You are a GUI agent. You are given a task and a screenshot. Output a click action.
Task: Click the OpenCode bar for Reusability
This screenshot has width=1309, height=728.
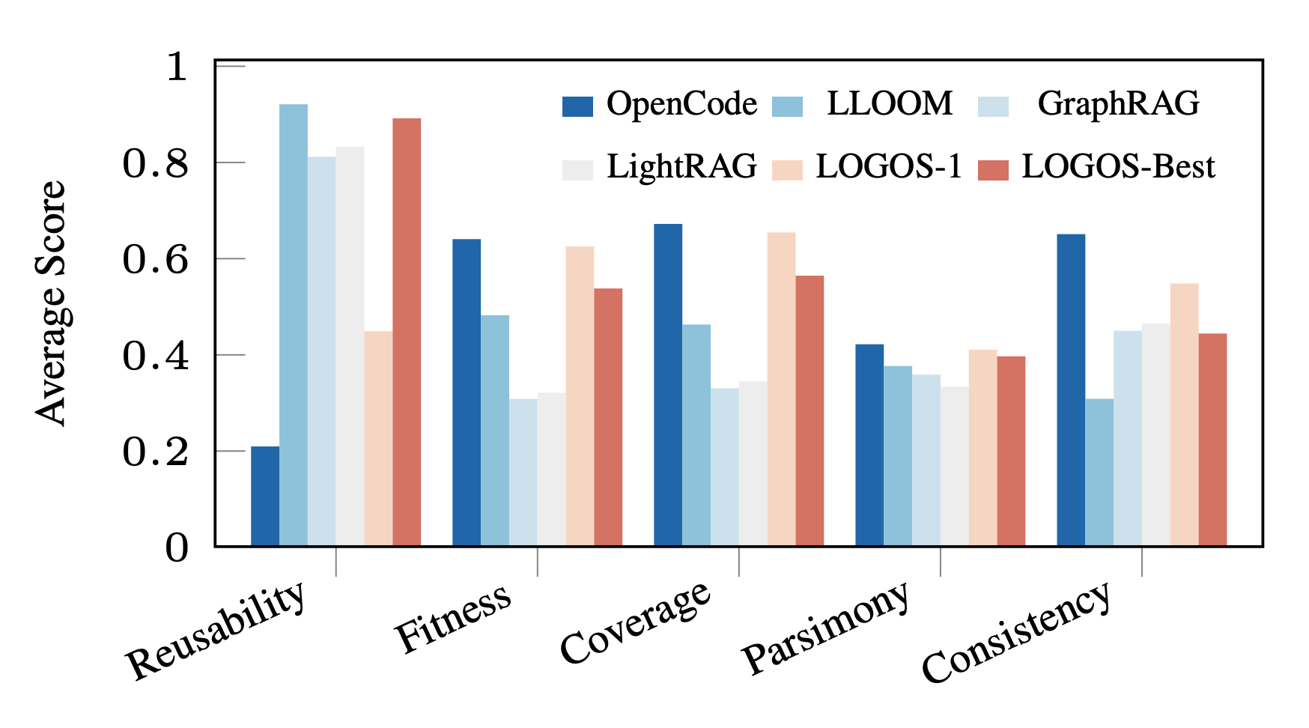point(265,497)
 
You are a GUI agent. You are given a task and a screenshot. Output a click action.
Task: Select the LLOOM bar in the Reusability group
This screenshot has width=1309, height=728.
point(294,325)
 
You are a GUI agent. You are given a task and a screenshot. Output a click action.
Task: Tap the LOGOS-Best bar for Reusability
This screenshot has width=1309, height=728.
point(407,333)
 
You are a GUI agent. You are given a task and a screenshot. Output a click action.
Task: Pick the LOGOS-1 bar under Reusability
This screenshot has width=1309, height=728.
point(378,439)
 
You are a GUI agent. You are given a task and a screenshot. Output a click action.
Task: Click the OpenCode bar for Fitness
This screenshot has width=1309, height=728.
point(467,392)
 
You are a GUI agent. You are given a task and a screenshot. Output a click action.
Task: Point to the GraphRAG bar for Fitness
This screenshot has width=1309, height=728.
point(523,473)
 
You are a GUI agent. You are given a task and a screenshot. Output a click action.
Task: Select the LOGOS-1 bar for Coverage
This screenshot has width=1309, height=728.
point(781,389)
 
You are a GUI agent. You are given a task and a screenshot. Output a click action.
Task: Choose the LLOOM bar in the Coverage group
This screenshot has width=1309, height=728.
point(696,435)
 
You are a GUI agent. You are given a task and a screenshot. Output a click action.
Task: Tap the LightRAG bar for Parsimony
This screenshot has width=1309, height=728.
point(954,467)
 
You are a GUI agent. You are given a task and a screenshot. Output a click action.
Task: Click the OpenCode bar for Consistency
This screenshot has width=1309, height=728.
point(1071,390)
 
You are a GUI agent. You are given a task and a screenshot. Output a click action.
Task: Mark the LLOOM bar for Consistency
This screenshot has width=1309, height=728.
point(1099,473)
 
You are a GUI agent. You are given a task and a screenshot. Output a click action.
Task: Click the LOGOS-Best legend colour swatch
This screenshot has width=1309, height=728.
point(993,169)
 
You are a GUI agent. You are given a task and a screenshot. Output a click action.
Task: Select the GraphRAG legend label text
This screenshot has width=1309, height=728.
point(1118,104)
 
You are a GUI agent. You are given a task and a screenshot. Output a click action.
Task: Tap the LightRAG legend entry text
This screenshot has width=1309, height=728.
point(681,167)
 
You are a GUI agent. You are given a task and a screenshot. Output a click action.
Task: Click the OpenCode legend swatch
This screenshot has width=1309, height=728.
point(577,106)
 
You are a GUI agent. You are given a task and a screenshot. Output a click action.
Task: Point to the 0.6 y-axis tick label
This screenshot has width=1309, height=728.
point(155,260)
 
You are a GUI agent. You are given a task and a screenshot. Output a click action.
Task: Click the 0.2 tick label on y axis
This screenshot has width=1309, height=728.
point(155,452)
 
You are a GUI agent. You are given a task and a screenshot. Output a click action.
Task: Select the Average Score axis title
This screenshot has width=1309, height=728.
point(51,303)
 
